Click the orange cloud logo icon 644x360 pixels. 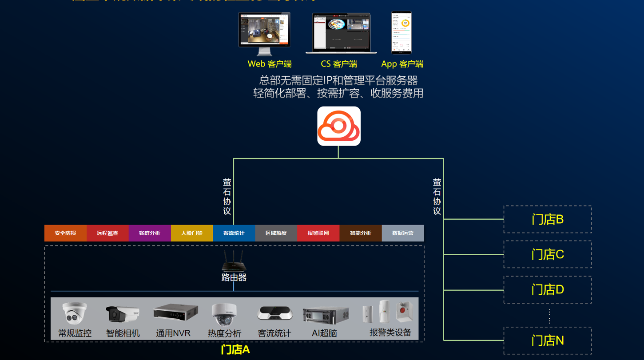338,126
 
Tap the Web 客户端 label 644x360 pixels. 269,64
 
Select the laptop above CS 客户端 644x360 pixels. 341,33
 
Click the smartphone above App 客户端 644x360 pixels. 401,32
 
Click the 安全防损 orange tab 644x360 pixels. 65,233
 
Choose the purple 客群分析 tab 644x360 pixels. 150,233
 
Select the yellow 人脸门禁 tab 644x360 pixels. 192,233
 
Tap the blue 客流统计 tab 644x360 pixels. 234,233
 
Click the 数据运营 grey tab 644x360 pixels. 403,233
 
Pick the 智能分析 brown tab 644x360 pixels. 361,233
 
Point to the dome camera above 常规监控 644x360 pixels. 74,313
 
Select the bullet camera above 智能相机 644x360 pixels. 122,313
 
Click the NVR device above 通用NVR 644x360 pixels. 175,312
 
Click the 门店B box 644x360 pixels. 548,219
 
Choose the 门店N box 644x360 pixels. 548,340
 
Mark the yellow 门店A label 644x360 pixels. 235,350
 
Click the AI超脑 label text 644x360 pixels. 324,333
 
